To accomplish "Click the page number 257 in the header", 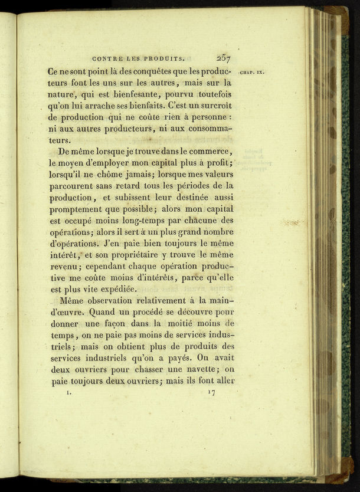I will coord(223,58).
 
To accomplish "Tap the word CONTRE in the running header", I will coord(107,58).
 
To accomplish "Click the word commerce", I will coord(211,152).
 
